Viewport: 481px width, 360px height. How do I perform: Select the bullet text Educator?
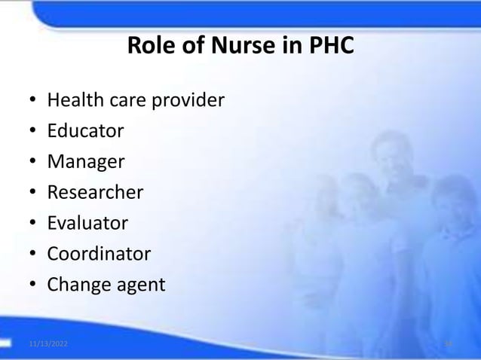click(85, 131)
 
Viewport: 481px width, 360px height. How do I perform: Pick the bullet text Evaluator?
click(87, 224)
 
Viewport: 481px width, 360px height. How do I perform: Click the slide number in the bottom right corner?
click(448, 343)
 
